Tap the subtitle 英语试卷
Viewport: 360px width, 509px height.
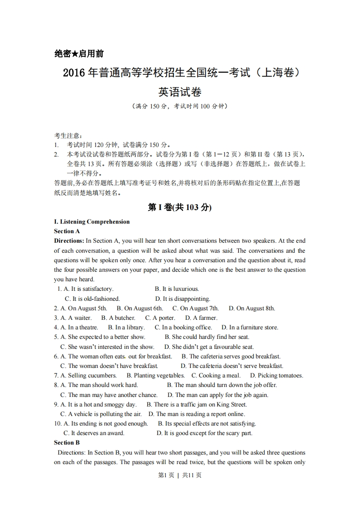click(180, 92)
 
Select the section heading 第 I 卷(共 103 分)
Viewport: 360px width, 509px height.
click(180, 207)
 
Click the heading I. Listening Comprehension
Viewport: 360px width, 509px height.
click(92, 222)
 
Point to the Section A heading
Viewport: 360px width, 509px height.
click(67, 231)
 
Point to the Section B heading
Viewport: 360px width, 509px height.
click(67, 443)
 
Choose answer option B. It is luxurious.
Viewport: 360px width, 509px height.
click(177, 289)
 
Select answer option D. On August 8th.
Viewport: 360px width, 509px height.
click(252, 308)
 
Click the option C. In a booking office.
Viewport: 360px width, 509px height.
click(183, 328)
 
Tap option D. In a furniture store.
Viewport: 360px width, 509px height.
click(250, 328)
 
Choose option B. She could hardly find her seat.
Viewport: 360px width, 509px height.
click(207, 337)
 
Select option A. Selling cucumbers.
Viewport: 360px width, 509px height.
click(85, 376)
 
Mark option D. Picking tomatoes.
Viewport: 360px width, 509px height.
click(277, 376)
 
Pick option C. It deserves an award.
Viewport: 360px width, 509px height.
click(94, 433)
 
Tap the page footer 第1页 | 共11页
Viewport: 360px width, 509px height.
click(179, 475)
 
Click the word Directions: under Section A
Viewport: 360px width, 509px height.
click(69, 241)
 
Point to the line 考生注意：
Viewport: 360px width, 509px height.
click(68, 136)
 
